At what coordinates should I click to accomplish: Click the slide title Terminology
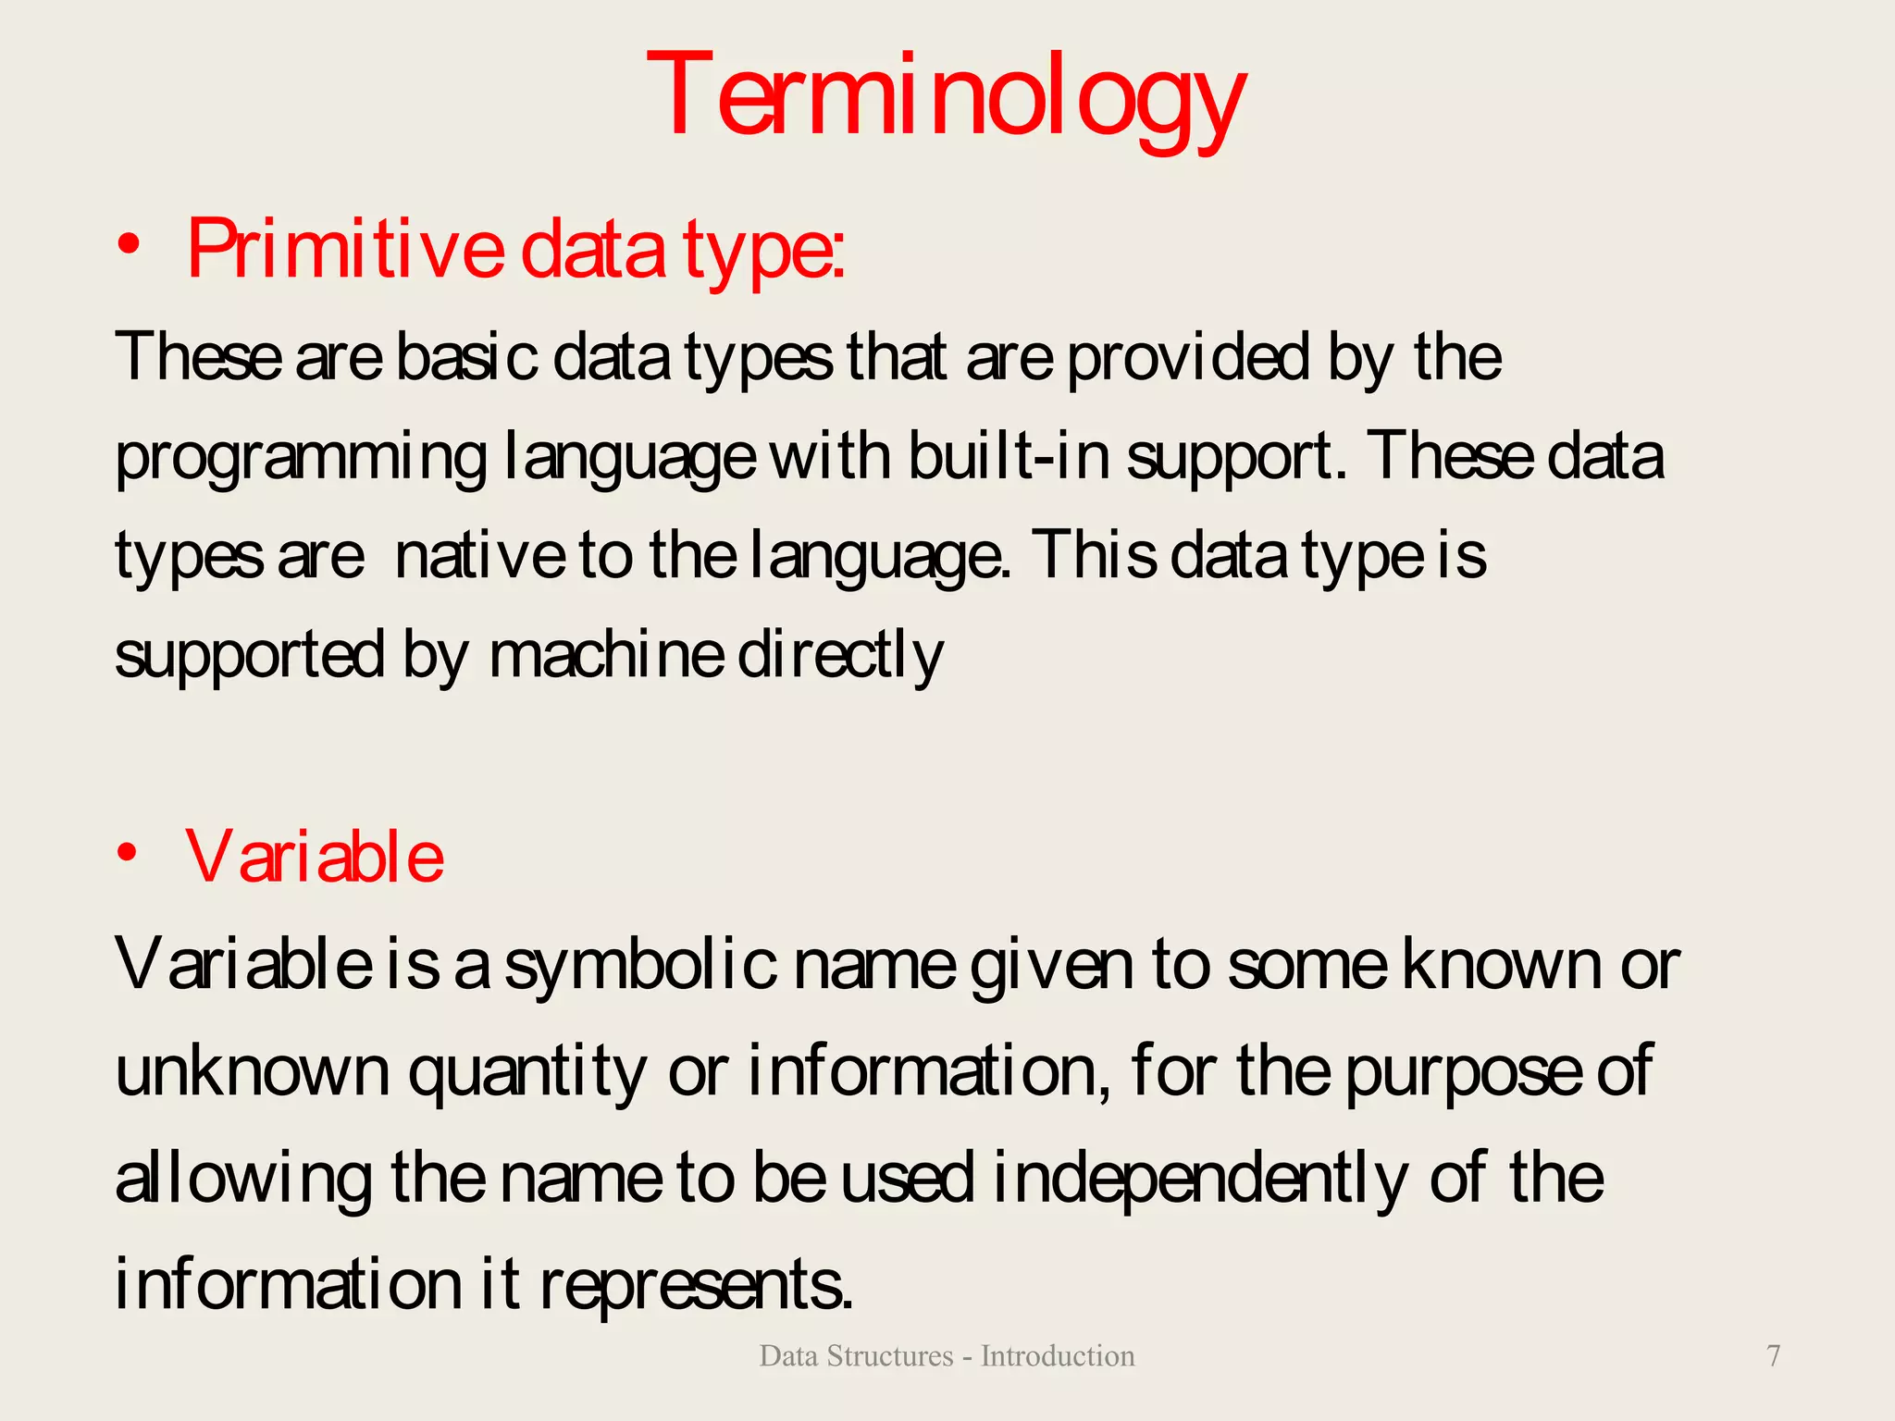(x=946, y=97)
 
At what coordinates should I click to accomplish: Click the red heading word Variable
(x=315, y=857)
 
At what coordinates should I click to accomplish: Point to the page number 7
(x=1773, y=1355)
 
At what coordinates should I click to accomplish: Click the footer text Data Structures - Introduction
(x=947, y=1355)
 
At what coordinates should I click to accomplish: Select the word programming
(x=301, y=459)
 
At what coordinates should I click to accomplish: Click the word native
(x=479, y=555)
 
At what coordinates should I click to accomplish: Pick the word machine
(x=606, y=655)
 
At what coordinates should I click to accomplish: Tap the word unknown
(x=253, y=1070)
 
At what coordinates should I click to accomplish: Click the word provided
(x=1188, y=357)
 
